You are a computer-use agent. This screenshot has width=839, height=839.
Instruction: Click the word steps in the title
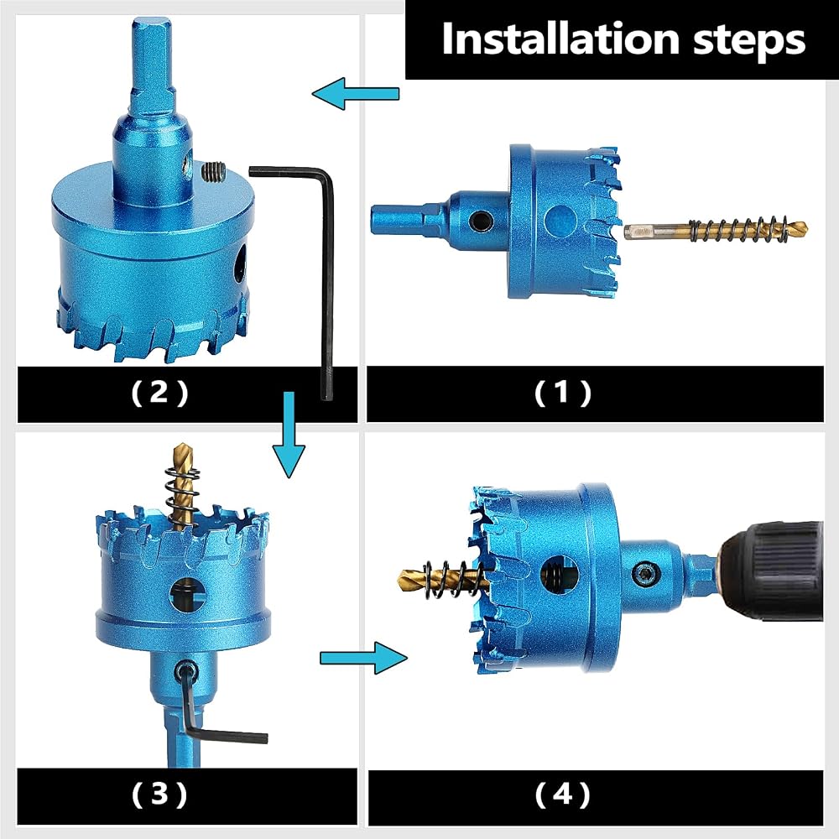749,40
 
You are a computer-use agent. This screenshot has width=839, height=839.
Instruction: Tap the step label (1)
562,393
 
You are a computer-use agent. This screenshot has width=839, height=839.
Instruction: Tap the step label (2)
159,393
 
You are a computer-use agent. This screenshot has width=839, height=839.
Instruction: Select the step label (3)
159,794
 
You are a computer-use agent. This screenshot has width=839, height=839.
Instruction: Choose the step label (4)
562,795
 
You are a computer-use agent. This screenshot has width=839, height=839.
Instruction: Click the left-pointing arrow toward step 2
355,93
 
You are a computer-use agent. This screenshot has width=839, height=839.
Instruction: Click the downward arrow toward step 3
289,435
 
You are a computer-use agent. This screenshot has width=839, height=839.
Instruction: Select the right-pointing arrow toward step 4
363,658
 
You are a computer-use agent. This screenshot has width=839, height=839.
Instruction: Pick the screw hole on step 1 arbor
481,220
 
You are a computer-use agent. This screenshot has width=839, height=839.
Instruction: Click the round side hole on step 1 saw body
560,221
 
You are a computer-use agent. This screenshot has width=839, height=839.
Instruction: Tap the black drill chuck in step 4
776,571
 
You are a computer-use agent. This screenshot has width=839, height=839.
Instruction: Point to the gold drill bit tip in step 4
405,578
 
